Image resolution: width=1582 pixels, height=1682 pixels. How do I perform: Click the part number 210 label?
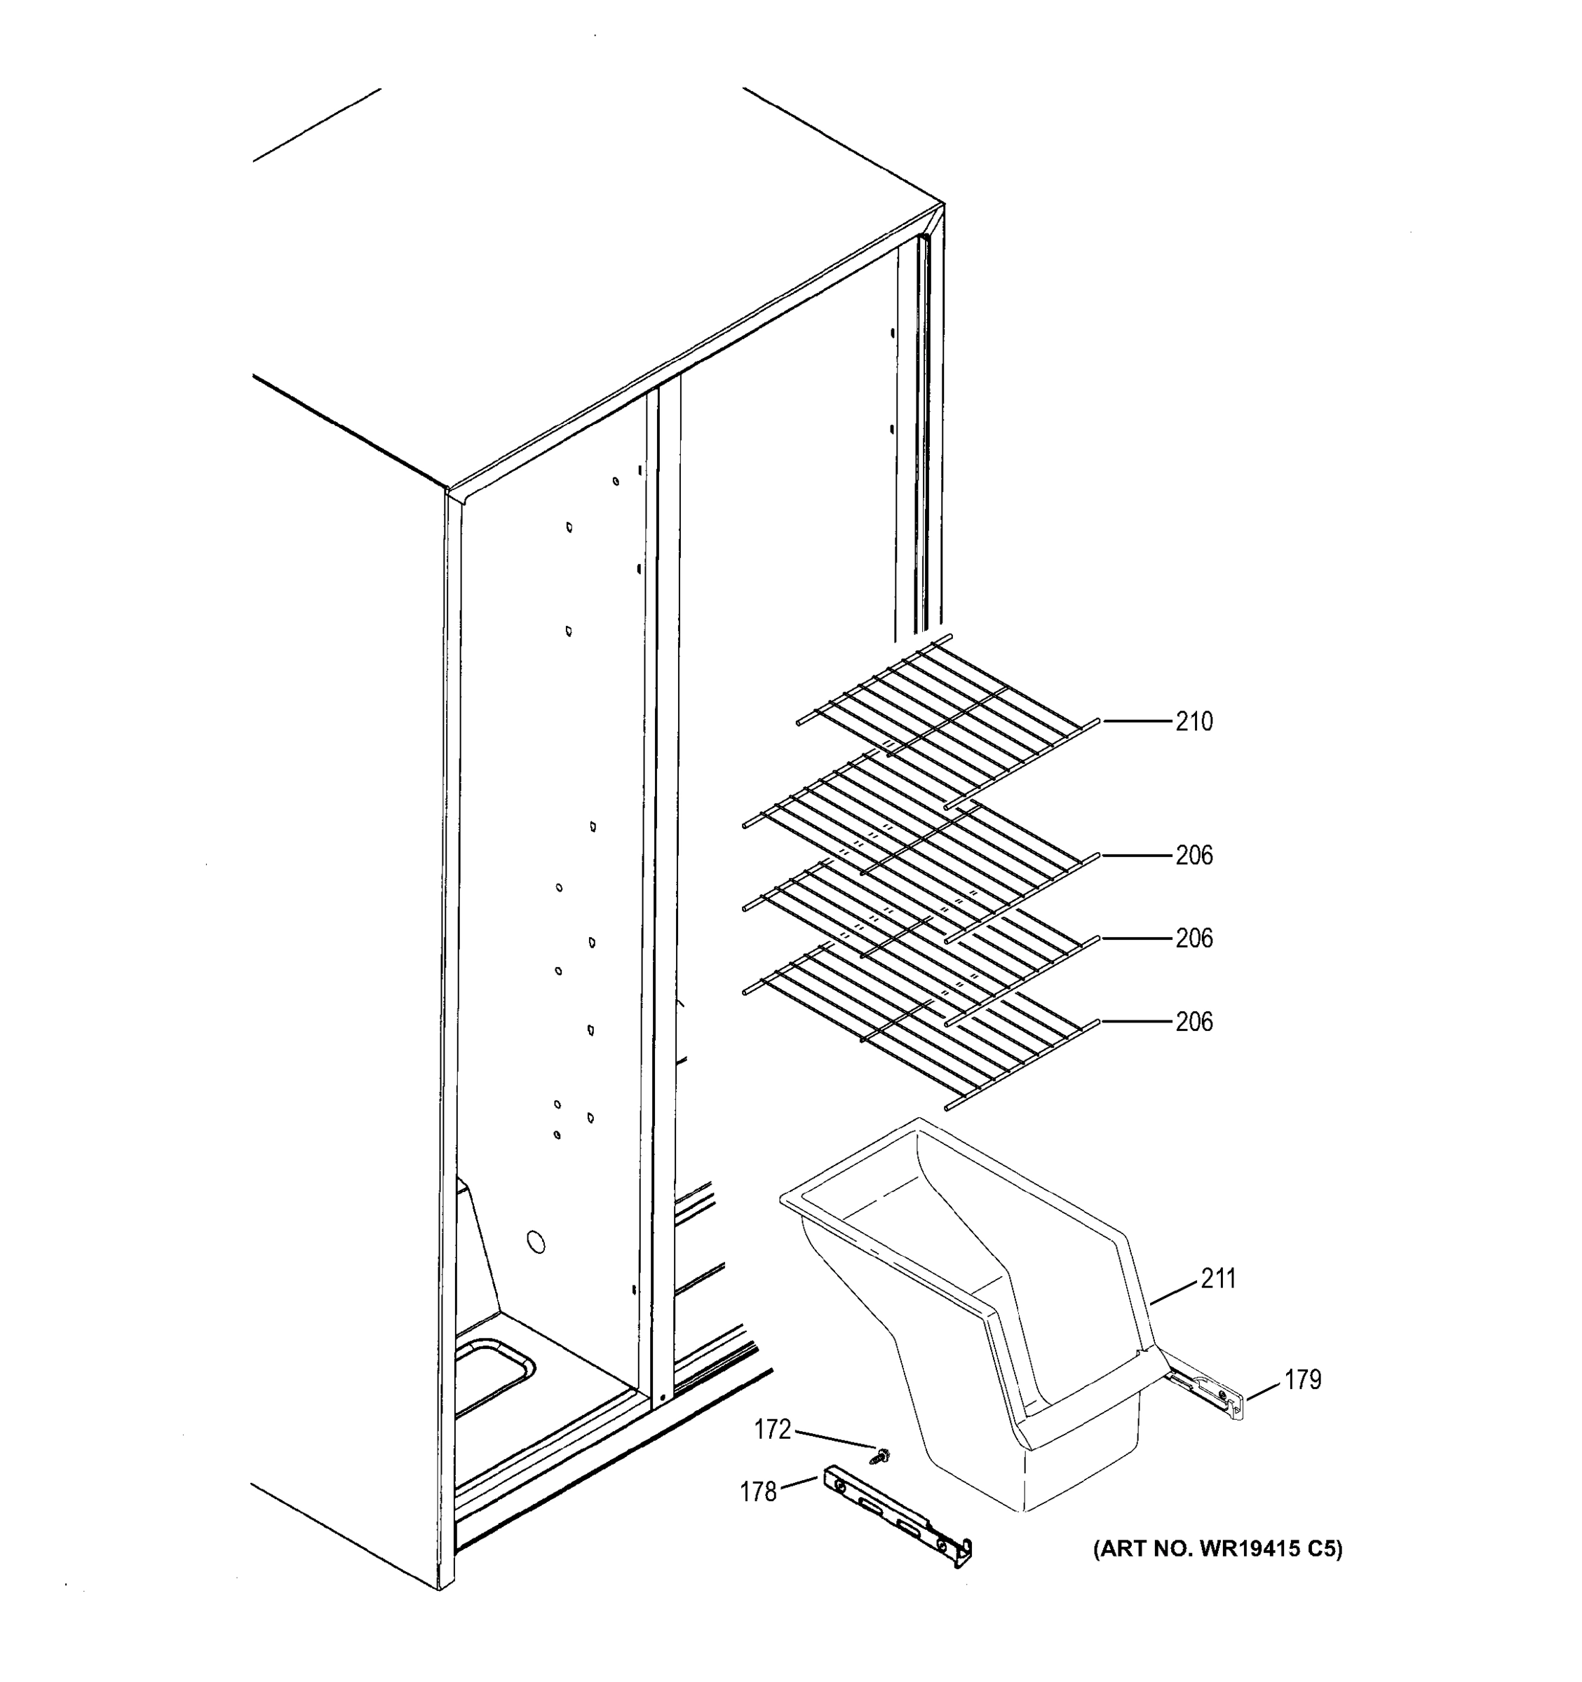click(x=1194, y=722)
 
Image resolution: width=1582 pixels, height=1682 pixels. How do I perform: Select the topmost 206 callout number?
click(x=1194, y=856)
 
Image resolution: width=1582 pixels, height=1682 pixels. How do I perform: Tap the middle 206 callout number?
click(x=1194, y=938)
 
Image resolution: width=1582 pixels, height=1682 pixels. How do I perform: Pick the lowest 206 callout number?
click(x=1194, y=1022)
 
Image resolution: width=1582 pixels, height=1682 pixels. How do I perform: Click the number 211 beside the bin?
click(x=1218, y=1278)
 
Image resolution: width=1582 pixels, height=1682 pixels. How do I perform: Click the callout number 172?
click(x=772, y=1429)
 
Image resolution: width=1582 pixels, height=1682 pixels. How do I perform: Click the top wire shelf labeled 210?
click(x=948, y=719)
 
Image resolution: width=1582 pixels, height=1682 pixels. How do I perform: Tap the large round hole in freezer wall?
click(x=535, y=1243)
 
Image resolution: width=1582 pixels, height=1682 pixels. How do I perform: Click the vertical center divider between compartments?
click(x=663, y=846)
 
